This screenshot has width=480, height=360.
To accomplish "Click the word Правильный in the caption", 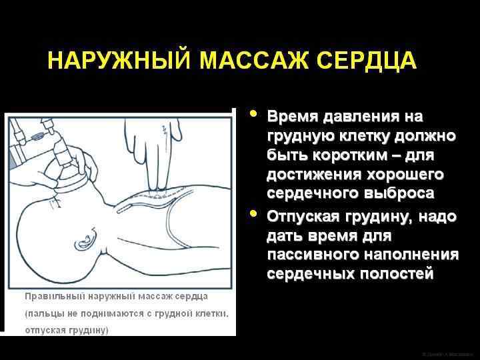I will tap(53, 296).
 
